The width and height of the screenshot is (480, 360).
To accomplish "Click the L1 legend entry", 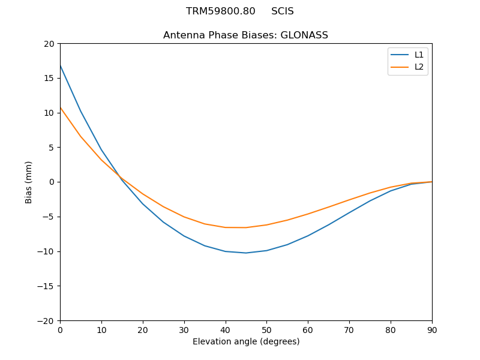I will [x=419, y=55].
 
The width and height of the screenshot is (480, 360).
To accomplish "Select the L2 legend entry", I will [x=419, y=67].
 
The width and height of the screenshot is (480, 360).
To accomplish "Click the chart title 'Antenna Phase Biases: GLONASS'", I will [x=245, y=35].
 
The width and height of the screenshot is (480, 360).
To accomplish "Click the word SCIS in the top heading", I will [x=282, y=11].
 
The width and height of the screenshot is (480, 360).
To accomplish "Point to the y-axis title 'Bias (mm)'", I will [x=29, y=182].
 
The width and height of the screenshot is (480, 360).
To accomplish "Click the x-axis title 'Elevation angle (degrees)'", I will [x=245, y=341].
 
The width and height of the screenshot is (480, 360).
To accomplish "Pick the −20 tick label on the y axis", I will [x=47, y=320].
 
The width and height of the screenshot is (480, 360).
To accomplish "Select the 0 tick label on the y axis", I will [x=52, y=182].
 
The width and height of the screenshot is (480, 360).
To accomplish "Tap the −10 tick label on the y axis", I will [x=47, y=251].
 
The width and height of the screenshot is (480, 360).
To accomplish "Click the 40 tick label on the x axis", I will [x=225, y=329].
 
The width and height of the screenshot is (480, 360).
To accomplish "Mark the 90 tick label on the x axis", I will [x=431, y=329].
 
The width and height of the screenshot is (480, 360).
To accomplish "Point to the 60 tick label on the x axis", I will [x=308, y=329].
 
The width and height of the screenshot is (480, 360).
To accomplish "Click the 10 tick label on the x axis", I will [x=101, y=329].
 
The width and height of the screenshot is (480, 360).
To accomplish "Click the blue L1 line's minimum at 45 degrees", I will [x=246, y=253].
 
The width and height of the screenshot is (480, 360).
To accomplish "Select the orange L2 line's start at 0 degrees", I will [x=61, y=108].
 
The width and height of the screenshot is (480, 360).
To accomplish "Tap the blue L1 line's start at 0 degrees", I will [x=61, y=65].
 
